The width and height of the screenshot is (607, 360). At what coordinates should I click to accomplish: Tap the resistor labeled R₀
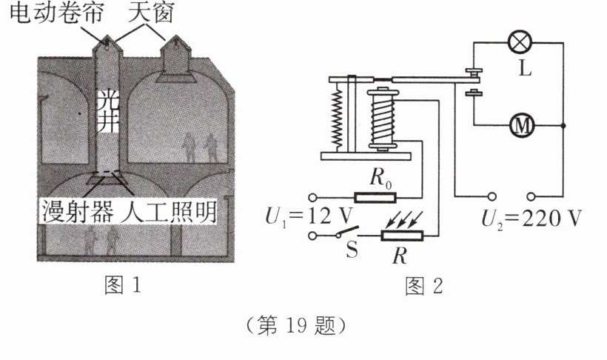pyautogui.click(x=376, y=197)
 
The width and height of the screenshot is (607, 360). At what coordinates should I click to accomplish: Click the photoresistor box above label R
pyautogui.click(x=401, y=236)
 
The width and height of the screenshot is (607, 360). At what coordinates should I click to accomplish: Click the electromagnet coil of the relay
pyautogui.click(x=383, y=117)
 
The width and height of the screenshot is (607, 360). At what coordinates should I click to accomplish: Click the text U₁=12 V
pyautogui.click(x=301, y=217)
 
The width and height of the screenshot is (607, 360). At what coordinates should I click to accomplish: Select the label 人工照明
pyautogui.click(x=170, y=213)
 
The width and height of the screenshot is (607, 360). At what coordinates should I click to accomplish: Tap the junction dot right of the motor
pyautogui.click(x=565, y=127)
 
